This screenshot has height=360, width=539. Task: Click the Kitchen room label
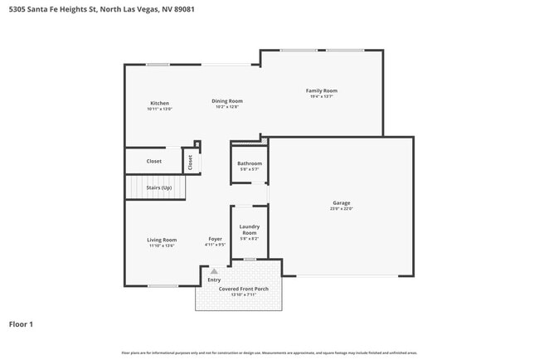pyautogui.click(x=159, y=103)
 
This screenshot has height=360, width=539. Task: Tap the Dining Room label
pyautogui.click(x=226, y=100)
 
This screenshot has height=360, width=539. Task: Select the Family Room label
pyautogui.click(x=322, y=90)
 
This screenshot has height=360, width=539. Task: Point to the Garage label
pyautogui.click(x=342, y=202)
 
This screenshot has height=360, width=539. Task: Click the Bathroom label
pyautogui.click(x=250, y=163)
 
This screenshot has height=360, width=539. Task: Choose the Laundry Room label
pyautogui.click(x=250, y=230)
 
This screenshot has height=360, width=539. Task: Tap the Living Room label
pyautogui.click(x=163, y=240)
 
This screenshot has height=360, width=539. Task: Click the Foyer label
pyautogui.click(x=215, y=239)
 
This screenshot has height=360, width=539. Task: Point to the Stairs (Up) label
pyautogui.click(x=159, y=187)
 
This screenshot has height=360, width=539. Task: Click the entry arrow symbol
pyautogui.click(x=214, y=270)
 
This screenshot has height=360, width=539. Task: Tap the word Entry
pyautogui.click(x=214, y=280)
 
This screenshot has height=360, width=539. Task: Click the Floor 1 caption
pyautogui.click(x=21, y=324)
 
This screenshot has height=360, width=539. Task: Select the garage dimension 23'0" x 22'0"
pyautogui.click(x=342, y=209)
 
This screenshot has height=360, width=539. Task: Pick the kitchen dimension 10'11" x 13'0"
pyautogui.click(x=159, y=109)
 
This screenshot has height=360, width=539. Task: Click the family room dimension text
pyautogui.click(x=322, y=96)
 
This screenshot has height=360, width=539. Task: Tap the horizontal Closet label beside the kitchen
pyautogui.click(x=154, y=161)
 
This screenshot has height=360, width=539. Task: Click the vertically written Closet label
pyautogui.click(x=190, y=163)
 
